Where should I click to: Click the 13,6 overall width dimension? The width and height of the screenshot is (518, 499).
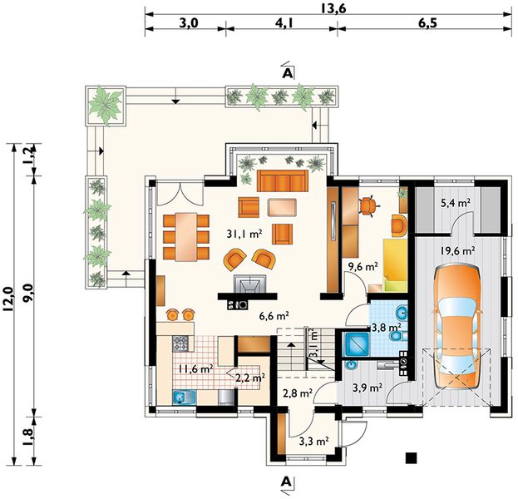pos(333,8)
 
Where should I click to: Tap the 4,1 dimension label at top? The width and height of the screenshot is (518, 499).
pos(284,23)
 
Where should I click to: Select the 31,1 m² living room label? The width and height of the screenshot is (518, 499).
pos(244,234)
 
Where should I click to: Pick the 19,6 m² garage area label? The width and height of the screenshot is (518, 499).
pos(457,251)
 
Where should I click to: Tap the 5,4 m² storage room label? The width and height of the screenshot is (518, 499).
pos(456,203)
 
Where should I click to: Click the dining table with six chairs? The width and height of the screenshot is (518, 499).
pos(186,237)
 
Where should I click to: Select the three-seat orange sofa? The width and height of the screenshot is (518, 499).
pos(283,180)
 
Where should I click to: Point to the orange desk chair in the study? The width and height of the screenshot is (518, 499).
pos(368,205)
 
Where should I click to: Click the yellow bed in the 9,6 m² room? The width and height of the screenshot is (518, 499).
pos(395,265)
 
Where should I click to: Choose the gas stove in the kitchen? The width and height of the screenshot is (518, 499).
pos(180,343)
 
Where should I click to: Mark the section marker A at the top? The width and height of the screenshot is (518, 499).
pos(287,73)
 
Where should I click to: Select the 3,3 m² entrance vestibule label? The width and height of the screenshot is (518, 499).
pos(313,441)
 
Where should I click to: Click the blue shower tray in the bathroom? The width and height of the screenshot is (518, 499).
pos(357,344)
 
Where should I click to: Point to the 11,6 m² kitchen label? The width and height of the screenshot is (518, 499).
pos(196,368)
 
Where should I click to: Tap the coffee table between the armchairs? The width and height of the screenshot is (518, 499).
pos(282,207)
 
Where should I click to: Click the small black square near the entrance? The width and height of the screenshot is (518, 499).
pos(412,457)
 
